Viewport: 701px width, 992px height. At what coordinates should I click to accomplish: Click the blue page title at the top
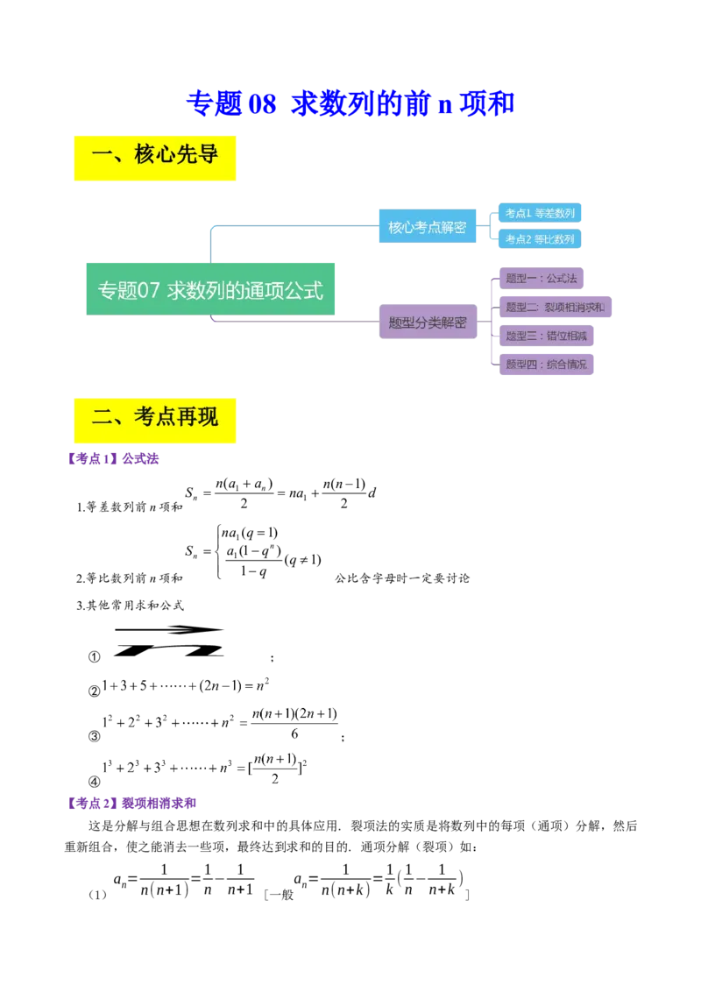point(350,103)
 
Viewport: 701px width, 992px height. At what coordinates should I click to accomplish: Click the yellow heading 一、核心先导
point(154,157)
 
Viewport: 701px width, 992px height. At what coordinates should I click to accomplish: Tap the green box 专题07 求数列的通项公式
point(210,288)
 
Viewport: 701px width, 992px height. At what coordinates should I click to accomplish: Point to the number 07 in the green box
point(149,289)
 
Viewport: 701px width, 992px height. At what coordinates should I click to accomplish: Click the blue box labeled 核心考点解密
point(428,226)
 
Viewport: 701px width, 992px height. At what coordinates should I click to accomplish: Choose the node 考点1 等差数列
point(540,213)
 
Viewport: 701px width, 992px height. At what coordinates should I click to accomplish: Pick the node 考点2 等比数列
point(540,239)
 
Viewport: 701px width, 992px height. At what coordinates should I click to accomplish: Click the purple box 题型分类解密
point(428,322)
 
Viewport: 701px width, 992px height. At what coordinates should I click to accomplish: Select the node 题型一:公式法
point(542,279)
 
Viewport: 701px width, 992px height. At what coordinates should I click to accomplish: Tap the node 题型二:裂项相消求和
point(556,308)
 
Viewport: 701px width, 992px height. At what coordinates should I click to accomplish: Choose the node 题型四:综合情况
point(546,365)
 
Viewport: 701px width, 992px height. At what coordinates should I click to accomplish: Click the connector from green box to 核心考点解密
point(289,230)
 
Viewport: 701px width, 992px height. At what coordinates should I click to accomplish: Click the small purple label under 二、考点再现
point(113,459)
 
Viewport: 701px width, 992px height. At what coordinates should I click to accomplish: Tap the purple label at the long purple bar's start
point(130,802)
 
